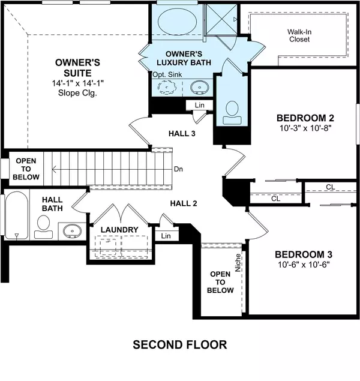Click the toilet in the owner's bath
[x=231, y=111]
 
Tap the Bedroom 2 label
[x=305, y=117]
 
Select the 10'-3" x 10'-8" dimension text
[x=305, y=128]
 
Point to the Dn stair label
[x=178, y=169]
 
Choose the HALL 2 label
[x=183, y=203]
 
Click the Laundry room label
[x=119, y=230]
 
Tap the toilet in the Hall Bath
[x=43, y=224]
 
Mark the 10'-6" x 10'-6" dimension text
[x=304, y=265]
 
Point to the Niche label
[x=238, y=265]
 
